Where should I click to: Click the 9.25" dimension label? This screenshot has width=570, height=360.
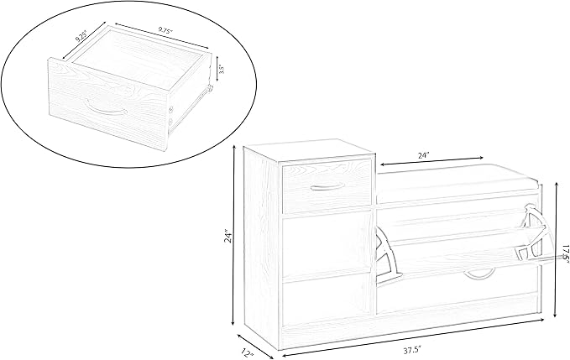81,35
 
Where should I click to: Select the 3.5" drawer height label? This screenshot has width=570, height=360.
223,69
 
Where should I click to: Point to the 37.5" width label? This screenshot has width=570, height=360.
412,351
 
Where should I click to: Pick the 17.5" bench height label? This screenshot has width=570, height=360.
565,253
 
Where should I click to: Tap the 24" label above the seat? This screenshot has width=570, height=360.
423,155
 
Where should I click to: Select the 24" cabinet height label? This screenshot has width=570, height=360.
228,236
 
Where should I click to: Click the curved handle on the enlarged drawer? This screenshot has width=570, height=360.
105,110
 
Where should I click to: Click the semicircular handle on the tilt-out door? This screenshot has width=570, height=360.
480,274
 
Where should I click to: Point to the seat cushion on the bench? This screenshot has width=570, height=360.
458,179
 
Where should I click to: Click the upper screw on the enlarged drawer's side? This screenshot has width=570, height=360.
171,107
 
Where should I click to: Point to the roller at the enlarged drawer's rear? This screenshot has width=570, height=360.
210,88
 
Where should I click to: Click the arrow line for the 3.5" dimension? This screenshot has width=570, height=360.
217,69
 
